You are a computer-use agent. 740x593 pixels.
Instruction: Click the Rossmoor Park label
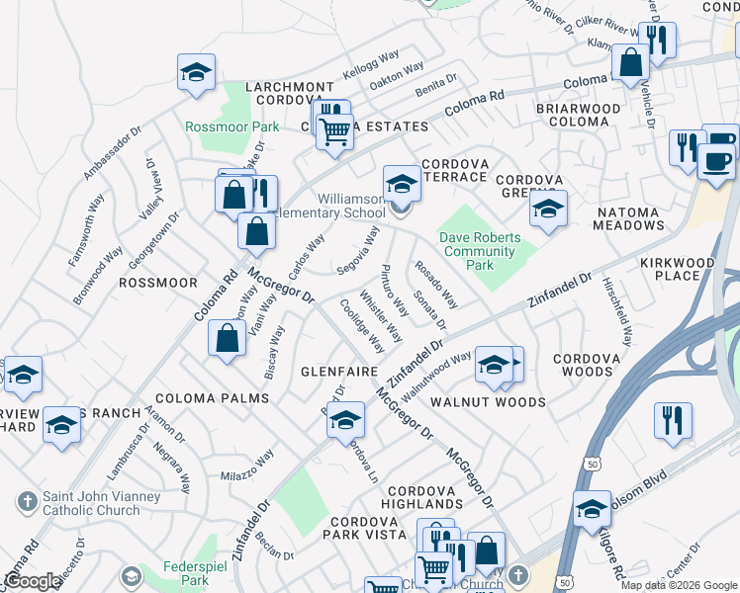[232, 127]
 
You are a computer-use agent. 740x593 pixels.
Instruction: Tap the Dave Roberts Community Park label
[480, 251]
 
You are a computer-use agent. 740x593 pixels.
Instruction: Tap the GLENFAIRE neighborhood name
[339, 371]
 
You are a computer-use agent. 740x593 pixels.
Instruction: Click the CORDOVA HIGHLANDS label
[425, 498]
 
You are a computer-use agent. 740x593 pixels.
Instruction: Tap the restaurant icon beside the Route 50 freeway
[672, 420]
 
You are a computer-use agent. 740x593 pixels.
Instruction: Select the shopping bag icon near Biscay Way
[228, 338]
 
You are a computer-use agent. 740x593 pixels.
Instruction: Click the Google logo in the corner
[32, 581]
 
